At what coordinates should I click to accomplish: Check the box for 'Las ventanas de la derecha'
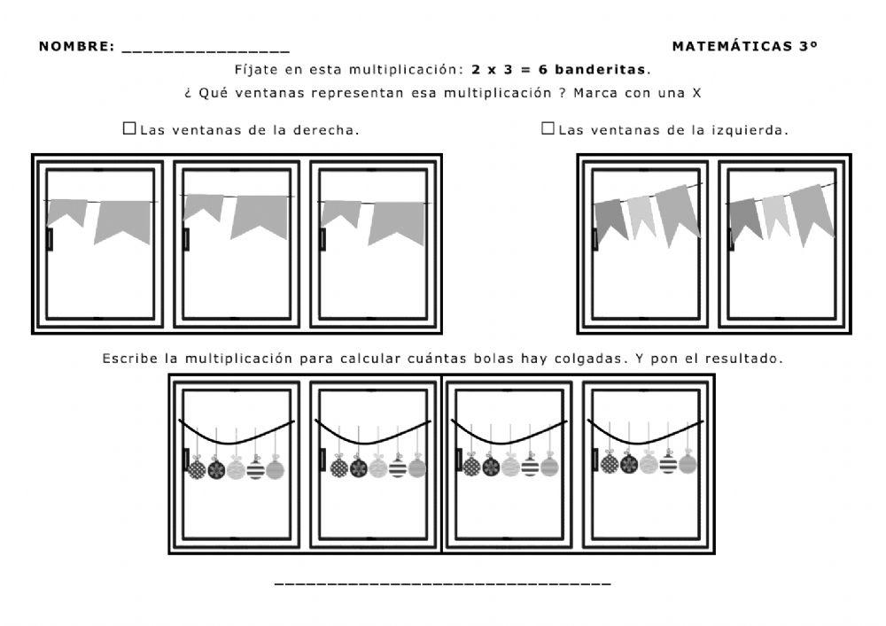(129, 128)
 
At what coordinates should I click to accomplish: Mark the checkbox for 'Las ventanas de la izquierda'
(548, 128)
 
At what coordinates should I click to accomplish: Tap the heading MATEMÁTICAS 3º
(744, 46)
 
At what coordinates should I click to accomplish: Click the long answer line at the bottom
(443, 583)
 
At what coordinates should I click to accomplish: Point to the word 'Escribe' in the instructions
(129, 359)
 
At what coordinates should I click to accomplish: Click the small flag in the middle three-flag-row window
(203, 207)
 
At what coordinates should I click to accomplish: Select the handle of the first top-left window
(50, 239)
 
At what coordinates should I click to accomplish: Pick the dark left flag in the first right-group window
(610, 219)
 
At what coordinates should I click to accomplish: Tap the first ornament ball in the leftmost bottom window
(197, 468)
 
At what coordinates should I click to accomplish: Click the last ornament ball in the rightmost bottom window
(688, 464)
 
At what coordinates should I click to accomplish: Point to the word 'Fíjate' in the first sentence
(255, 69)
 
